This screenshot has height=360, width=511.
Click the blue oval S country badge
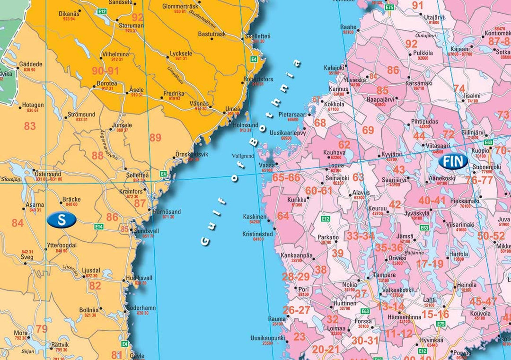[x=62, y=219]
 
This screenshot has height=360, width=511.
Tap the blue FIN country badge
[x=453, y=161]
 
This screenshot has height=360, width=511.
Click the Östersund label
[x=48, y=173]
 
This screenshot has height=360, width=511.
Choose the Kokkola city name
[x=334, y=104]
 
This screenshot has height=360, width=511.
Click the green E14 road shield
[x=99, y=227]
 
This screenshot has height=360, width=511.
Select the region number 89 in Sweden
[x=155, y=138]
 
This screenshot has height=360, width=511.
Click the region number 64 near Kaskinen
[x=283, y=216]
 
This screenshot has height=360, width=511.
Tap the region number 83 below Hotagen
[x=30, y=126]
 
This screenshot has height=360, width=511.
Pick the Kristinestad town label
[x=257, y=234]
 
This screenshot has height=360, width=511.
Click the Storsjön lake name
[x=11, y=180]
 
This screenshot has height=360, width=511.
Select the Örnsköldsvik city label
[x=192, y=154]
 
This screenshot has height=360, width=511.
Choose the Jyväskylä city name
[x=417, y=213]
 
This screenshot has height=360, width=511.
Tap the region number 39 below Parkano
[x=337, y=254]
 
